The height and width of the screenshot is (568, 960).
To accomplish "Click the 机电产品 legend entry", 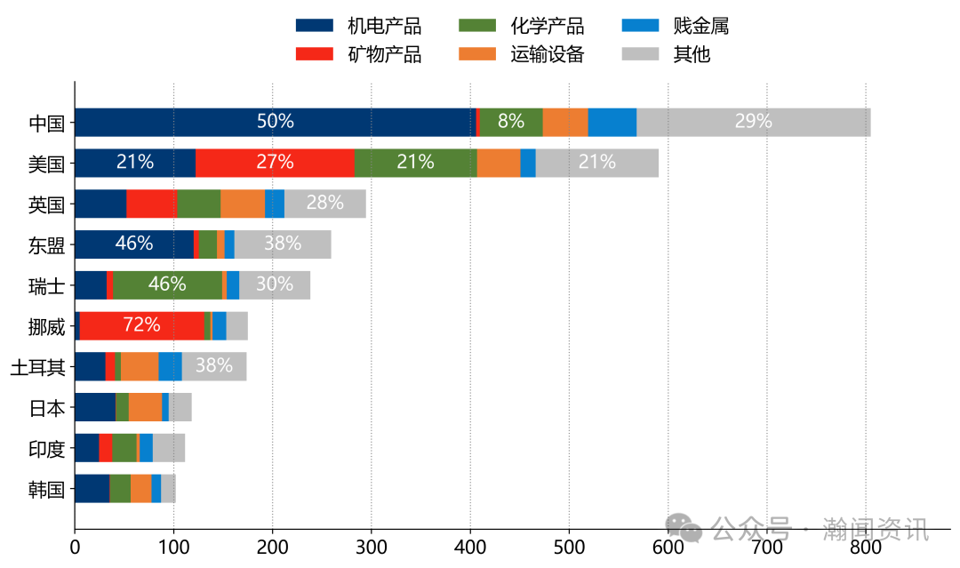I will [x=358, y=26].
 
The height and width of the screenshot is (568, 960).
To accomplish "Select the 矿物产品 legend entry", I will [x=358, y=54].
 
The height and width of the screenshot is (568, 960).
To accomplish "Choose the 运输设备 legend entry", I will [x=521, y=54].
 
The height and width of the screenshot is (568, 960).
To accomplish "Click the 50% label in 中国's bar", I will [x=276, y=122].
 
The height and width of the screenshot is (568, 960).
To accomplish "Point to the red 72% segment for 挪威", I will [x=142, y=325].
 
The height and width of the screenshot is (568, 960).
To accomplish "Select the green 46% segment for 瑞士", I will [x=167, y=284].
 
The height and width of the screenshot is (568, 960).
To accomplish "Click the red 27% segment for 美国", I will [x=275, y=163].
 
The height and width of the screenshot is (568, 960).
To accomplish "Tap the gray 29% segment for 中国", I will [x=754, y=122].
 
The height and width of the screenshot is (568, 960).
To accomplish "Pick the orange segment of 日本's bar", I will [x=145, y=407].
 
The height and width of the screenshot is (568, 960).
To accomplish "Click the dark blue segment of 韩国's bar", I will [x=92, y=489].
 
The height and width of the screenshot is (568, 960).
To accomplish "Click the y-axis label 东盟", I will [x=46, y=244].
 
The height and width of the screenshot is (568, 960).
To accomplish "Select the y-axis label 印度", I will [x=46, y=448].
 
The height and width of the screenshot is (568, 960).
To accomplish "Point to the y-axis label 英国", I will [x=46, y=204].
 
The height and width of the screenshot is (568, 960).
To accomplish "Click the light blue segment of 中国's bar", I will [x=612, y=122].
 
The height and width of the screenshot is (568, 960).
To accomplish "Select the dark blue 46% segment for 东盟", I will [x=134, y=244].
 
